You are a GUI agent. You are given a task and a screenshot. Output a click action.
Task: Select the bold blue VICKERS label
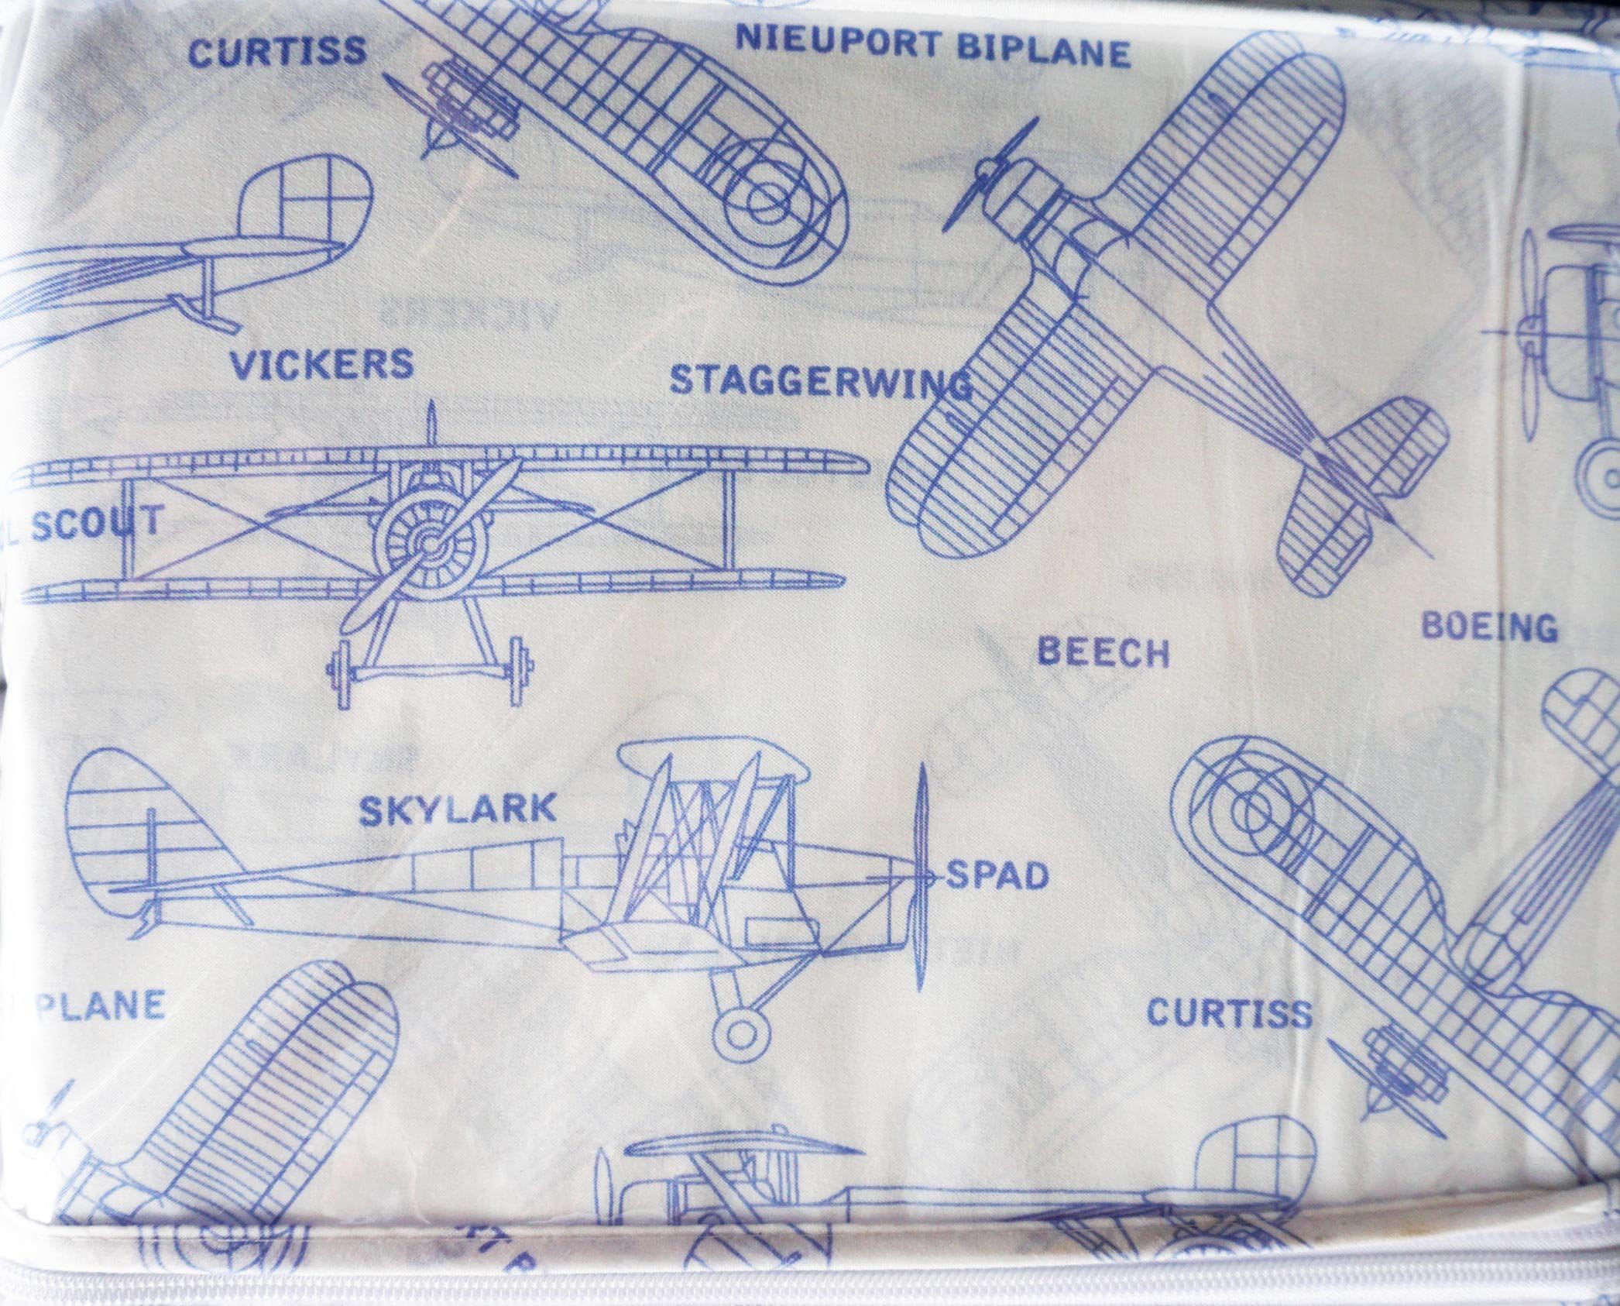pyautogui.click(x=322, y=364)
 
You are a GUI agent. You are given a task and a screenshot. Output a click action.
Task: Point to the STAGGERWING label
pyautogui.click(x=819, y=383)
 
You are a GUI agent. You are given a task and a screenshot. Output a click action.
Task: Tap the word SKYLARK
pyautogui.click(x=458, y=809)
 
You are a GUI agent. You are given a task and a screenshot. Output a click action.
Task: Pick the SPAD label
pyautogui.click(x=997, y=876)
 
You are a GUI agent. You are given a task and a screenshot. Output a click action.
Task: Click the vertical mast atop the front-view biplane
pyautogui.click(x=432, y=428)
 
